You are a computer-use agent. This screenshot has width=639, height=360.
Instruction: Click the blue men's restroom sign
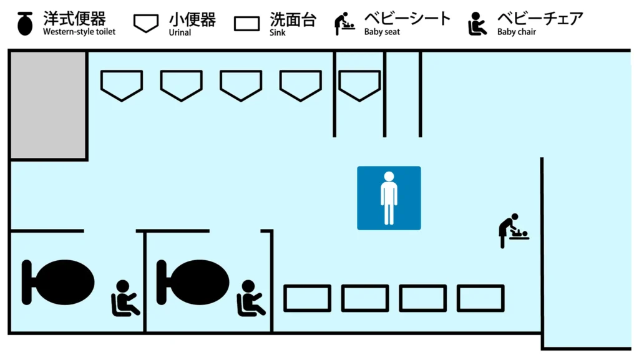[x=389, y=198]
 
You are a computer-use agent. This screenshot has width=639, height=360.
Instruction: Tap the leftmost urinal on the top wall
[x=122, y=85]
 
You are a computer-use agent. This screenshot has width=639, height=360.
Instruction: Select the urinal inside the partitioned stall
[x=359, y=85]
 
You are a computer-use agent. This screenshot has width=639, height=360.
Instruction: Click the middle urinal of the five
[x=241, y=85]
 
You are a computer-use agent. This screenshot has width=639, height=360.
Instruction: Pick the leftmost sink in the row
[x=308, y=298]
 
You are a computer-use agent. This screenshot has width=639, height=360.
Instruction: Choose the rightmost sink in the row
[x=480, y=298]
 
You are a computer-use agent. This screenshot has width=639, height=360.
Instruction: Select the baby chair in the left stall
[x=125, y=298]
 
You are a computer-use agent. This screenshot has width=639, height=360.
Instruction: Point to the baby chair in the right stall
[x=250, y=298]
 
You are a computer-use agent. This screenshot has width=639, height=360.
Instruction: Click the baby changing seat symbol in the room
[x=513, y=230]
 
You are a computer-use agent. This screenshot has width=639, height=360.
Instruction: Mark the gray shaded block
[x=48, y=105]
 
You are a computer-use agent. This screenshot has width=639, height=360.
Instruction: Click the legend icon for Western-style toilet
[x=25, y=24]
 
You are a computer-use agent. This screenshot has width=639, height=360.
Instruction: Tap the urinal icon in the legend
[x=146, y=24]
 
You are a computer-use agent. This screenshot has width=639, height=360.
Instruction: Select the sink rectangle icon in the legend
[x=246, y=24]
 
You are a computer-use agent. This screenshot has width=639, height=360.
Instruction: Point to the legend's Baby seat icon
[x=344, y=24]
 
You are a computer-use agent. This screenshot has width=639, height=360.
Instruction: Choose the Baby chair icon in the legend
[x=477, y=24]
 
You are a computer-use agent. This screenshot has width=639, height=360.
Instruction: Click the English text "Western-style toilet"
[x=79, y=32]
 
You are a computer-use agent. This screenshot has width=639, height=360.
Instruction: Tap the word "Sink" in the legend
[x=278, y=32]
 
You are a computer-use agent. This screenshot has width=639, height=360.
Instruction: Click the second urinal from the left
[x=182, y=85]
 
